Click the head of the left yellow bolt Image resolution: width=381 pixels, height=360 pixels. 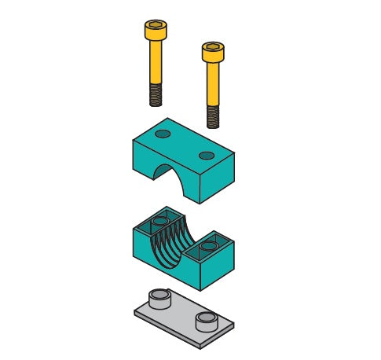click(x=154, y=32)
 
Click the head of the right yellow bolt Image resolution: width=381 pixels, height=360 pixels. click(x=212, y=53)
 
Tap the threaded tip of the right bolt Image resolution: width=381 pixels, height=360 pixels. click(x=213, y=116)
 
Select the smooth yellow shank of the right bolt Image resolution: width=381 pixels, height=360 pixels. click(x=212, y=85)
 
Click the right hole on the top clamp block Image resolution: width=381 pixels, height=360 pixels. click(x=207, y=155)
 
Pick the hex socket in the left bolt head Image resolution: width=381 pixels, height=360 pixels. click(x=154, y=26)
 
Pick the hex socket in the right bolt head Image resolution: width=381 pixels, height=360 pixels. click(x=212, y=47)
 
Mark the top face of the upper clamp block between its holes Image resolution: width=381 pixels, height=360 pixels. click(x=185, y=144)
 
